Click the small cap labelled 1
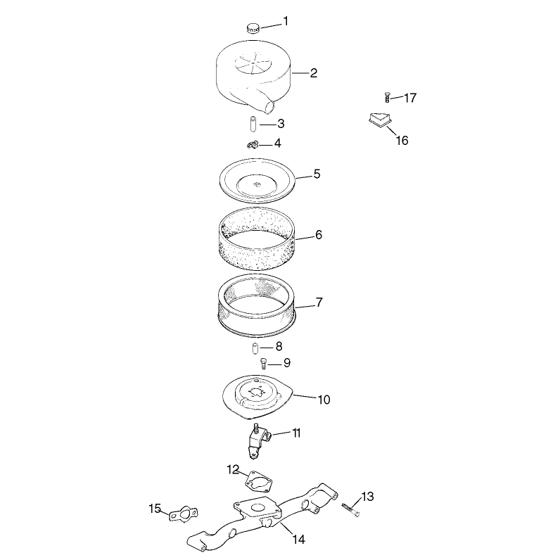tap(253, 28)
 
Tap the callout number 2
tap(313, 73)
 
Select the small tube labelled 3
tap(253, 123)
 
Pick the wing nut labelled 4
tap(253, 145)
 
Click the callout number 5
tap(317, 174)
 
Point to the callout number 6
tap(319, 235)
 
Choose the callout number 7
tap(319, 302)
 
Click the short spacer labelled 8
tap(255, 348)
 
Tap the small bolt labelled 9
tap(264, 364)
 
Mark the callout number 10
tap(324, 400)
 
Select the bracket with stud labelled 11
tap(258, 440)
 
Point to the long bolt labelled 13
tap(350, 509)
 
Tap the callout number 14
tap(299, 539)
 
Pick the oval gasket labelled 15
tap(183, 514)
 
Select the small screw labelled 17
tap(387, 97)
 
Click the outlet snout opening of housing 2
tap(271, 106)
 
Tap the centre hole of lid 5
tap(256, 184)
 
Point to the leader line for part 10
tap(305, 396)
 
